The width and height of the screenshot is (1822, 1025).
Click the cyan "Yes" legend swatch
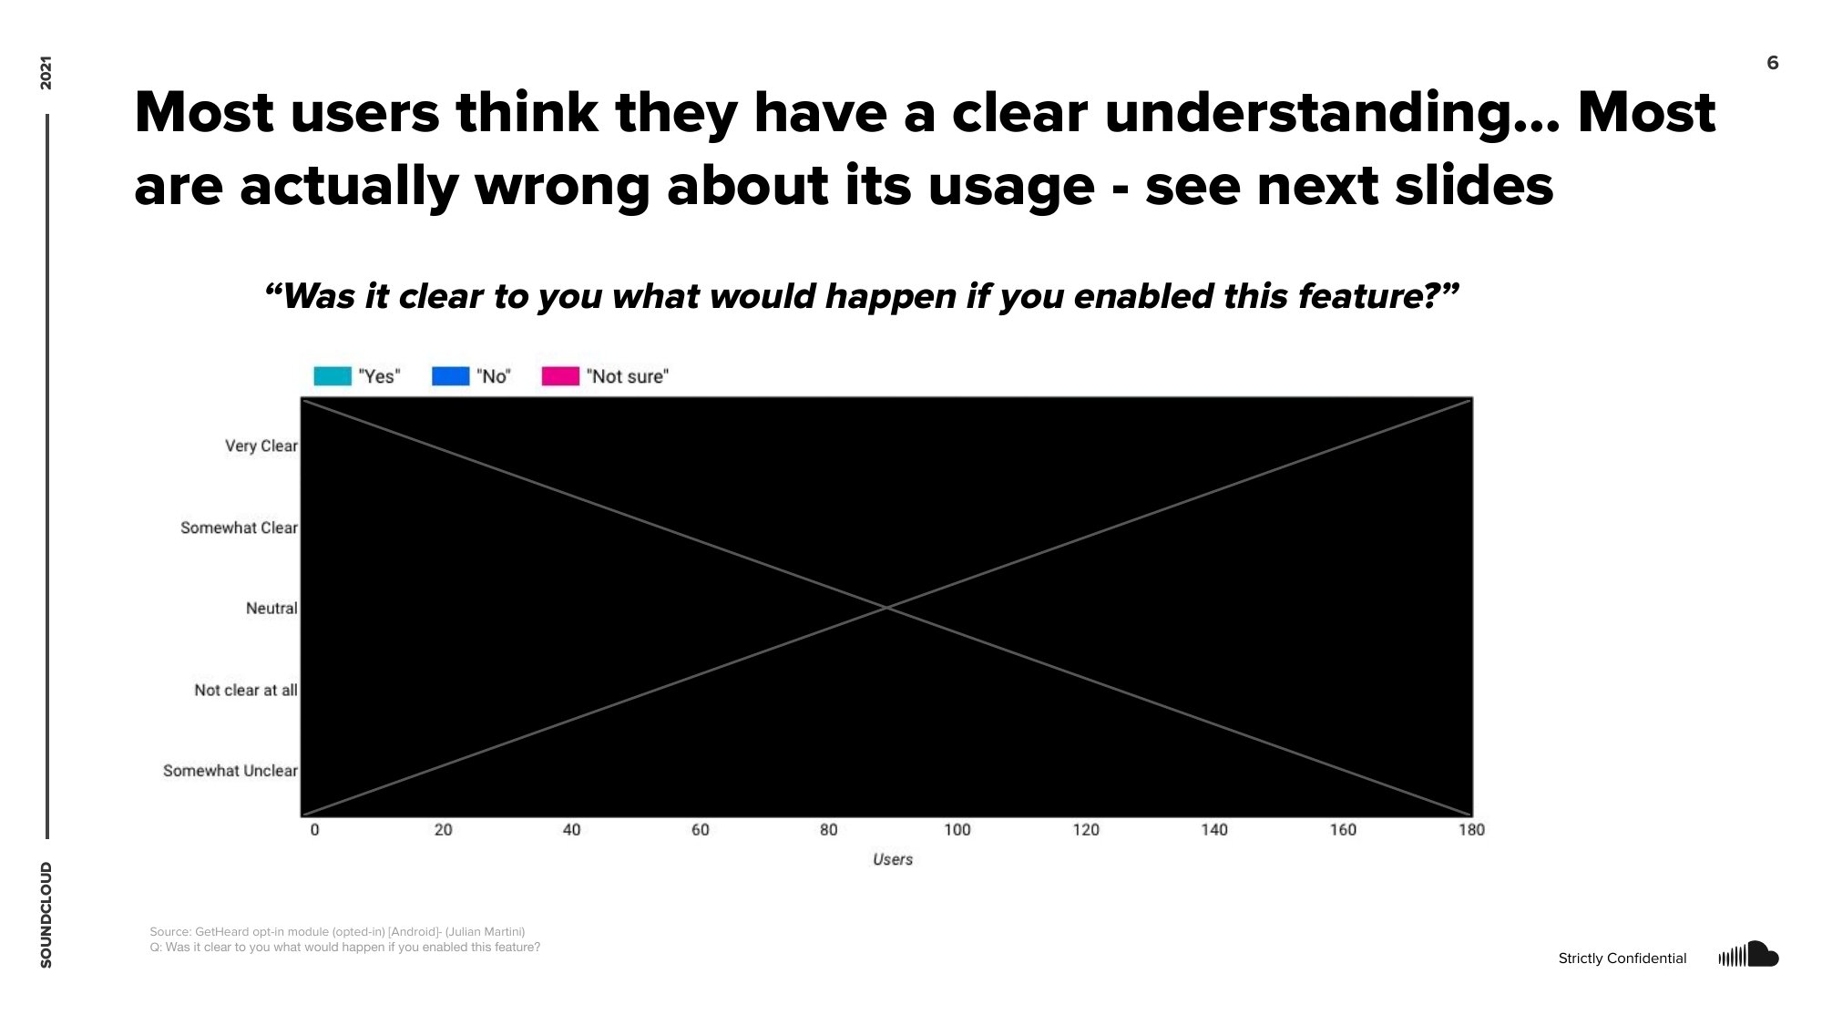[333, 376]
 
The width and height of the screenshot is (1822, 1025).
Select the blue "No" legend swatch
[450, 376]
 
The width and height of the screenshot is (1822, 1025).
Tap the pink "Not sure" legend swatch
[560, 376]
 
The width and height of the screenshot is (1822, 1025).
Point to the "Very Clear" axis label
[261, 446]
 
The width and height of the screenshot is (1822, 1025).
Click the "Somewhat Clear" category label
[239, 528]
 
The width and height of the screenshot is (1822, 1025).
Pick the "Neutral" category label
[271, 608]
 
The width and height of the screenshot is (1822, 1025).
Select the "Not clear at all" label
[245, 690]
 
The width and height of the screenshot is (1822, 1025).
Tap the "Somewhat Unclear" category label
[230, 771]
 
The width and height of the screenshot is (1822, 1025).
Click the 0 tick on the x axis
[315, 830]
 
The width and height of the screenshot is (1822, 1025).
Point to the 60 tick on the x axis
[700, 830]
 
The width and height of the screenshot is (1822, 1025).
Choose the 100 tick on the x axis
[957, 830]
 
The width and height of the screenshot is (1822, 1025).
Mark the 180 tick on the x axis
[1471, 830]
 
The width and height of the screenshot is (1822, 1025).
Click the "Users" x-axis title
[892, 859]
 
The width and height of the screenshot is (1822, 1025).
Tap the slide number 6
[1772, 63]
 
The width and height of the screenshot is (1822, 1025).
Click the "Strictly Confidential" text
[1622, 958]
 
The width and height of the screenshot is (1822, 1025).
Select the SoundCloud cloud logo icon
[1748, 955]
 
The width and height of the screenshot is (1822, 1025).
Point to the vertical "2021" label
[46, 73]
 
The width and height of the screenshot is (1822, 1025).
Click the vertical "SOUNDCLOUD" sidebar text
[46, 915]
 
